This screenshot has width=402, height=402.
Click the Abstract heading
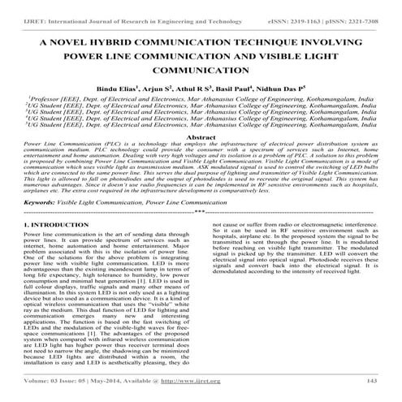coord(201,138)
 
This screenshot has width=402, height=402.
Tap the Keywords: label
coord(38,199)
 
